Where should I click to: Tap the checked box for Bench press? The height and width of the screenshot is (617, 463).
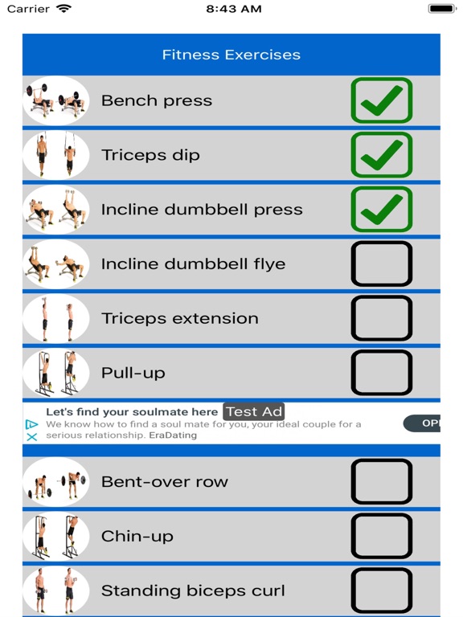pyautogui.click(x=381, y=100)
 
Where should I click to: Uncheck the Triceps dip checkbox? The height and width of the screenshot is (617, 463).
pyautogui.click(x=381, y=155)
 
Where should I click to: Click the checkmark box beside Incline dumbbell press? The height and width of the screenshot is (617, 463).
pyautogui.click(x=381, y=210)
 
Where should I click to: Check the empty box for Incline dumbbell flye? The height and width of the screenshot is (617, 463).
pyautogui.click(x=381, y=264)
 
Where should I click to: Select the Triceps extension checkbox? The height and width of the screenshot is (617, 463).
pyautogui.click(x=381, y=318)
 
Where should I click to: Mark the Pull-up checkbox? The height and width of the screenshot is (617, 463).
pyautogui.click(x=381, y=373)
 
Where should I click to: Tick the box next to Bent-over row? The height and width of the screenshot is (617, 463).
pyautogui.click(x=381, y=482)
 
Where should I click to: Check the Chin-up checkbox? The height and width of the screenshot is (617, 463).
pyautogui.click(x=381, y=537)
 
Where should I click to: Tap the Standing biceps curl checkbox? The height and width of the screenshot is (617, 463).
pyautogui.click(x=381, y=590)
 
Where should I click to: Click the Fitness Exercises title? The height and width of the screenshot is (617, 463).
pyautogui.click(x=231, y=55)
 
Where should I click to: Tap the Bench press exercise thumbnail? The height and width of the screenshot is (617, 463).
pyautogui.click(x=55, y=100)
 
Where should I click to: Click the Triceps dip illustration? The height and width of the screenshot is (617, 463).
pyautogui.click(x=55, y=155)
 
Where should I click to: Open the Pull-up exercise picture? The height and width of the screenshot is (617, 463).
pyautogui.click(x=55, y=373)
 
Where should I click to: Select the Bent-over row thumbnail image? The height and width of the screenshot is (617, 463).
pyautogui.click(x=55, y=482)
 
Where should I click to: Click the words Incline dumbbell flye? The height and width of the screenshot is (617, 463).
pyautogui.click(x=193, y=264)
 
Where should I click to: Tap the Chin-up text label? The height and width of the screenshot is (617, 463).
pyautogui.click(x=137, y=537)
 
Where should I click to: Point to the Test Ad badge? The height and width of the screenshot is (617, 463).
pyautogui.click(x=254, y=412)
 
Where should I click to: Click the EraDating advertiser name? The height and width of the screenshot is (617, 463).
pyautogui.click(x=173, y=435)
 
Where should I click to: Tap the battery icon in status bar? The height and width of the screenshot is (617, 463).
pyautogui.click(x=441, y=9)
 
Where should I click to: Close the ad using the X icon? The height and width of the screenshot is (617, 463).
pyautogui.click(x=32, y=437)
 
